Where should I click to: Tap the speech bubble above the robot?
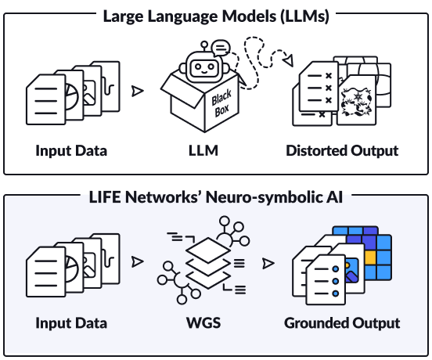221,49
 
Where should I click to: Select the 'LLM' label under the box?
204,149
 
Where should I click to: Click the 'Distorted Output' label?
342,149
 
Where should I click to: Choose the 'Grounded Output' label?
342,322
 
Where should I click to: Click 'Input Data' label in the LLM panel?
71,149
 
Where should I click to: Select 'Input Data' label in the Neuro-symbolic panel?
71,322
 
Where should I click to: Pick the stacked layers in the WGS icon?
207,262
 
